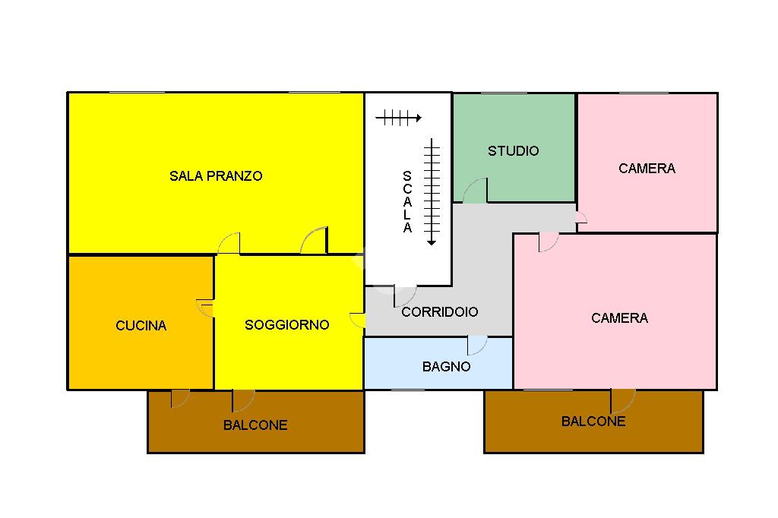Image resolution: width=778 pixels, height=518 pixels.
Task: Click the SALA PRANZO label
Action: coord(216,176)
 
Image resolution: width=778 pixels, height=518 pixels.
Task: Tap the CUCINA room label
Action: coord(141,326)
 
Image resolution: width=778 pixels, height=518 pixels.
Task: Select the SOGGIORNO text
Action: coord(286,325)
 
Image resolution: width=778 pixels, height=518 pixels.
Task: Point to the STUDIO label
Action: coord(513,151)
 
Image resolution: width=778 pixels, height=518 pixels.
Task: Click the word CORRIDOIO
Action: coord(440,312)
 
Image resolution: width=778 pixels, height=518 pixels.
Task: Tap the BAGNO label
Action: coord(446,367)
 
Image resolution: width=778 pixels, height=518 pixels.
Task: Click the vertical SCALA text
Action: coord(407,202)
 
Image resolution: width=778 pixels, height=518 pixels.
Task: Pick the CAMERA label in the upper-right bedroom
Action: coord(647,169)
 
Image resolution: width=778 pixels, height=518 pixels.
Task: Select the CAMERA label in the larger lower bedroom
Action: coord(619,318)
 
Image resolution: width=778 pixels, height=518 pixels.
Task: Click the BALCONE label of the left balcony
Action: coord(255,425)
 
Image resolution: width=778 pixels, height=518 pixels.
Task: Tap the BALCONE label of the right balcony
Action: coord(593,422)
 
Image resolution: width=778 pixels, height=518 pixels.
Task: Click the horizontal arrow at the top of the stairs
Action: coord(398,118)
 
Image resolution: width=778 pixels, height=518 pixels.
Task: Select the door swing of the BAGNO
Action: coord(477,346)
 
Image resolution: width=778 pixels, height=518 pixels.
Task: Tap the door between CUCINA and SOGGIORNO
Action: coord(206,308)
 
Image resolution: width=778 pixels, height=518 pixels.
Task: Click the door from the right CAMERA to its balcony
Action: coord(622,400)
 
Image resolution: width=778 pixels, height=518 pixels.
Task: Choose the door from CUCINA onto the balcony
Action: coord(180,398)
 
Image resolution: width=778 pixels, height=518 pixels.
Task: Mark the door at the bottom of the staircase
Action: coord(404,295)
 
